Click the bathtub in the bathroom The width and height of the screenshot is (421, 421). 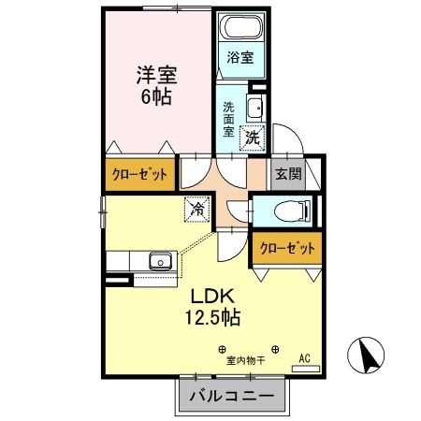[x=242, y=28]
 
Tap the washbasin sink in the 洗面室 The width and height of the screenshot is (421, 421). [x=255, y=104]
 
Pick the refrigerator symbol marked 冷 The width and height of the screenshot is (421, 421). [x=197, y=210]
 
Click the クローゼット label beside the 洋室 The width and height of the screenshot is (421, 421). [x=140, y=174]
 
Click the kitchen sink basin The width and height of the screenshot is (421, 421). [x=158, y=259]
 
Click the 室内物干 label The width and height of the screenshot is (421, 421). [x=243, y=359]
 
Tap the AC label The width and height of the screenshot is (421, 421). [x=303, y=358]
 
